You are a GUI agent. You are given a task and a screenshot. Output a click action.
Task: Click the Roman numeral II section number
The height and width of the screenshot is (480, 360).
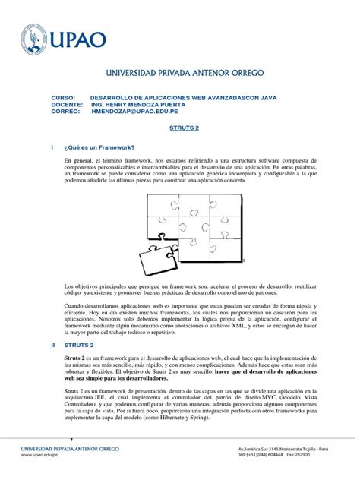(52, 344)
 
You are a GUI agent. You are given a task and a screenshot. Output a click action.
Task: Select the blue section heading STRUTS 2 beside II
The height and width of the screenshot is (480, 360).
(79, 344)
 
